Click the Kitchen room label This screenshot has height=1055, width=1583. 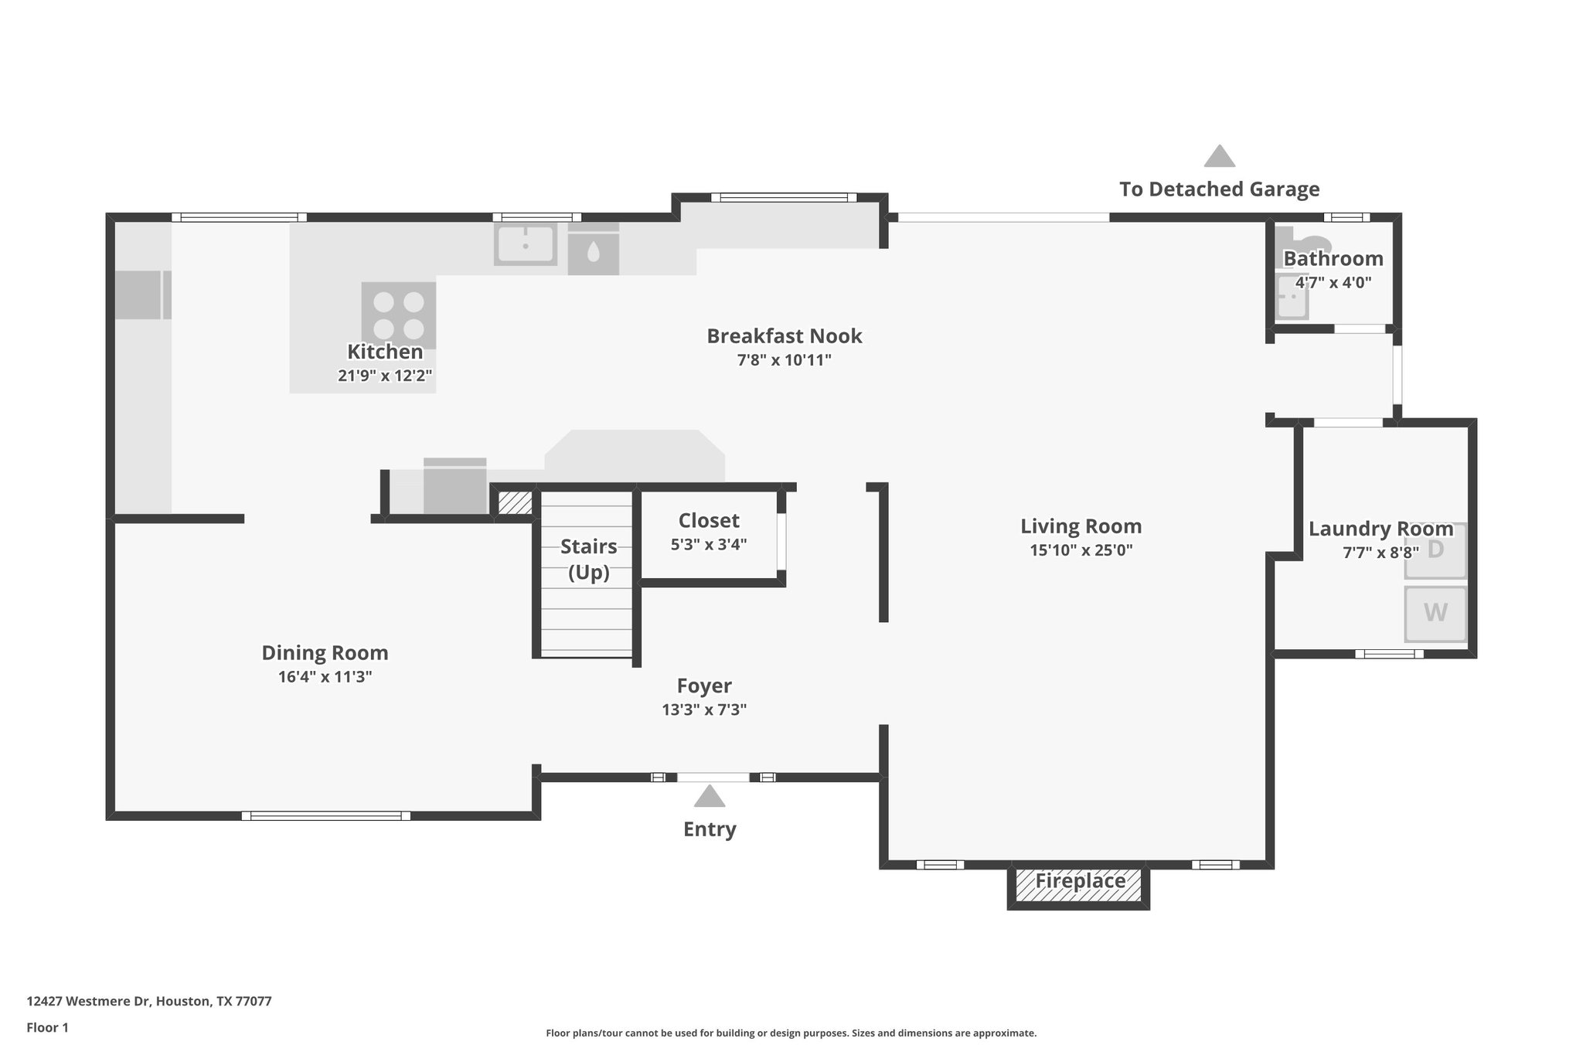(x=385, y=352)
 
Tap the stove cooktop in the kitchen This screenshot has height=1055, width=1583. (x=399, y=315)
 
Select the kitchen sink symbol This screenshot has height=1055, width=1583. (x=526, y=244)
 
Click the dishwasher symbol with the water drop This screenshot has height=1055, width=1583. (x=593, y=251)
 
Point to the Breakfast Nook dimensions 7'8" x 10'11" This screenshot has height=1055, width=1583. (x=784, y=360)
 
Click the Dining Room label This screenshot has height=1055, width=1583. (x=325, y=653)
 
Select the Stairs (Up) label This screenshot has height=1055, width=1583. (x=588, y=559)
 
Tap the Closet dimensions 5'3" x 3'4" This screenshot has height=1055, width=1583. (x=708, y=544)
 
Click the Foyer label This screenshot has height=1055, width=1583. (x=704, y=686)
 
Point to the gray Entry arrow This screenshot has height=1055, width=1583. (x=709, y=797)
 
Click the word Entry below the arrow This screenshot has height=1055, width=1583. (x=710, y=829)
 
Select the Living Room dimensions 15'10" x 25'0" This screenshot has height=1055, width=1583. (x=1081, y=550)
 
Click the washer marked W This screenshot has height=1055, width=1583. (x=1435, y=614)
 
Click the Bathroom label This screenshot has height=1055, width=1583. (x=1333, y=258)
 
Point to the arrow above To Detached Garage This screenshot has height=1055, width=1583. (x=1219, y=156)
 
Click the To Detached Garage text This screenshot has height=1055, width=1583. (x=1219, y=189)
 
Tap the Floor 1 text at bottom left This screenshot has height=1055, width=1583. (x=47, y=1027)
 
